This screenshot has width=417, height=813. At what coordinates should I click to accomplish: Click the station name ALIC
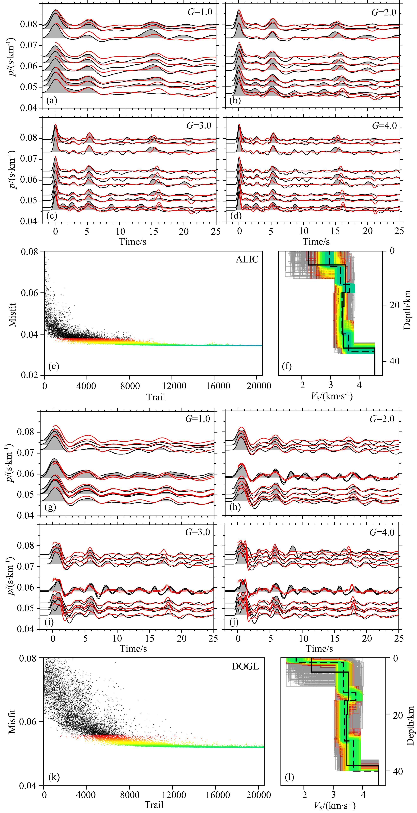[247, 259]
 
